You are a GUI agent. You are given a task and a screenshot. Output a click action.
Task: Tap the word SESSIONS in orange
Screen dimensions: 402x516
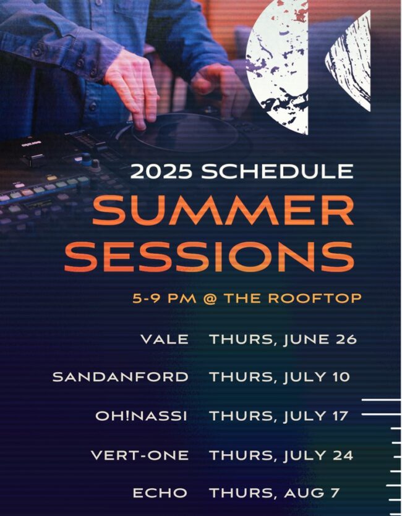point(209,256)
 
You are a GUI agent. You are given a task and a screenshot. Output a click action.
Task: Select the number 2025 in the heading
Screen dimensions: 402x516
point(161,171)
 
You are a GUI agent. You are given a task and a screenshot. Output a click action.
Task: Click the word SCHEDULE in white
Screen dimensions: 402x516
point(277,171)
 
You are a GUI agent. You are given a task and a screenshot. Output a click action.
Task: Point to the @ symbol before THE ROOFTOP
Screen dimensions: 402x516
point(210,298)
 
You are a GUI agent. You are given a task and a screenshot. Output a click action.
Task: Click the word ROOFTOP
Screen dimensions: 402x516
point(315,298)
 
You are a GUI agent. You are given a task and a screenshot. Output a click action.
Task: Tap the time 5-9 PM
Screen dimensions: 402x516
point(165,298)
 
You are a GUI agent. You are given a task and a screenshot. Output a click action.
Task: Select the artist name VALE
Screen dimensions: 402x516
point(165,339)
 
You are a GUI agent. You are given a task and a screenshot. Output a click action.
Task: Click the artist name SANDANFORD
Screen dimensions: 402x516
point(121,377)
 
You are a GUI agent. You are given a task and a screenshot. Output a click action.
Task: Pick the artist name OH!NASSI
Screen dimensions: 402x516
point(141,416)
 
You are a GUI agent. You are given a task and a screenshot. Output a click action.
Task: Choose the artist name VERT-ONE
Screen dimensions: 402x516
point(140,455)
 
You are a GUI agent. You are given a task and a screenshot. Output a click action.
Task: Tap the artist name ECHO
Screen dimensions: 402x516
point(160,493)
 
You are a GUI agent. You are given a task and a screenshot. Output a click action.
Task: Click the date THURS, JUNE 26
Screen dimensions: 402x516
point(283,340)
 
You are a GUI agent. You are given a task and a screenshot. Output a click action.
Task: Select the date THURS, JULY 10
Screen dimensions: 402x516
point(280,377)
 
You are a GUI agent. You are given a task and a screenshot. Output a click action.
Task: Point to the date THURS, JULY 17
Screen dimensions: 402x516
point(279,417)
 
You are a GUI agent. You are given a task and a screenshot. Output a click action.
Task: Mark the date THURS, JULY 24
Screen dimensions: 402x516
point(281,456)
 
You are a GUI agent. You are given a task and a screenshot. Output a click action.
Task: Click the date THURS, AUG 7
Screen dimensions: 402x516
point(275,493)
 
